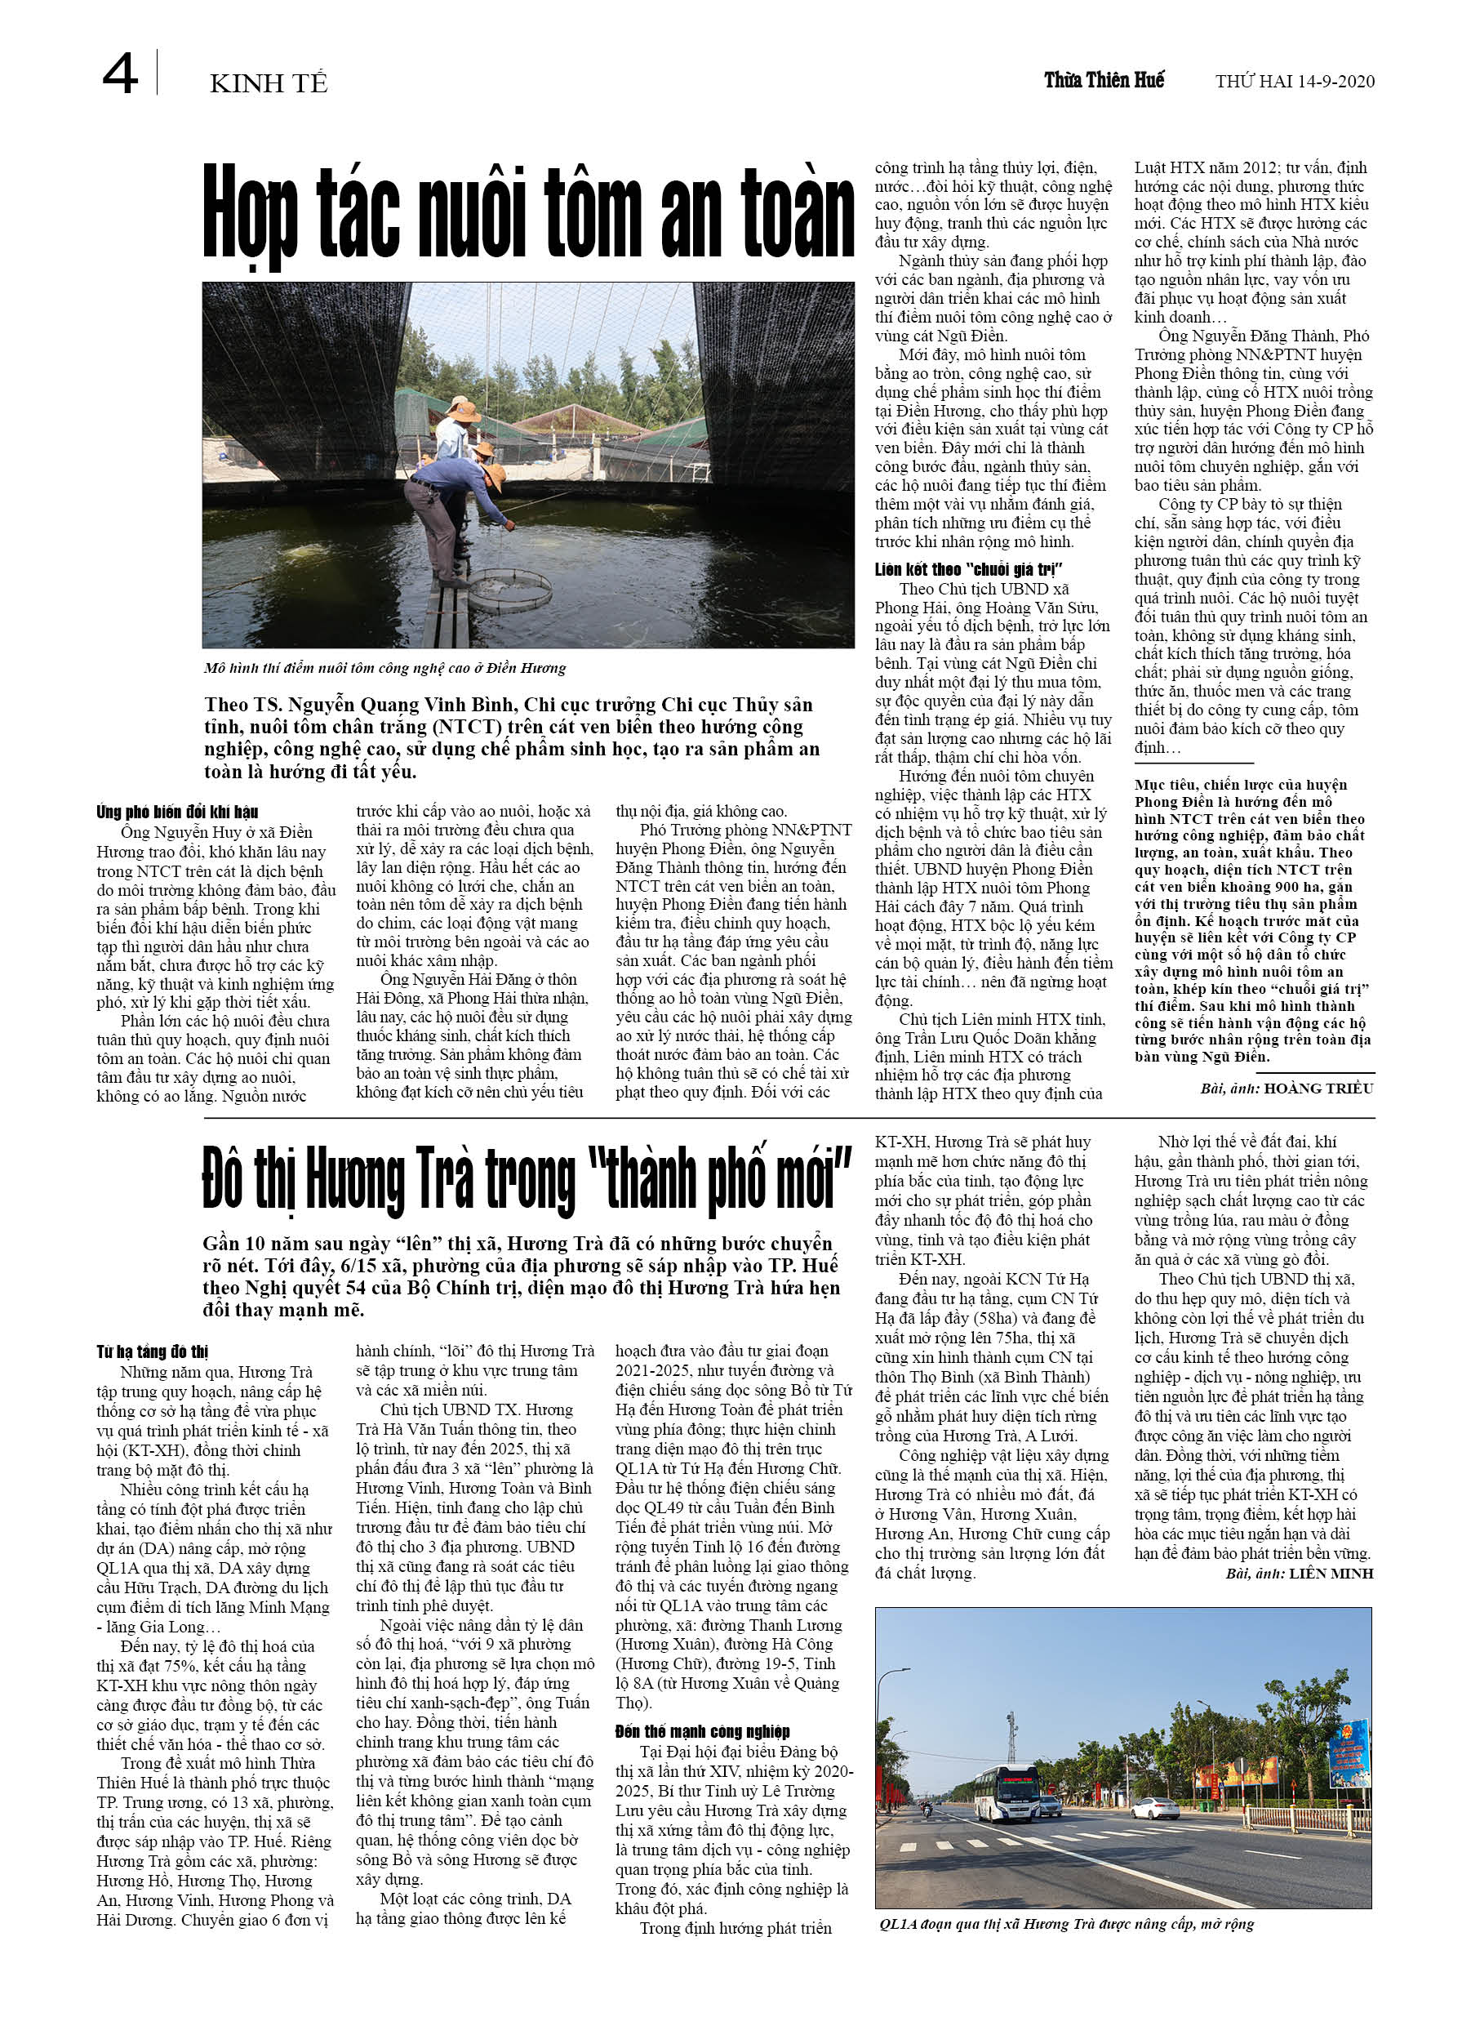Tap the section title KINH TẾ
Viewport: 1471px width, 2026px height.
pos(268,84)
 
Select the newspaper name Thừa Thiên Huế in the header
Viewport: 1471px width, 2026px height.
pos(1103,80)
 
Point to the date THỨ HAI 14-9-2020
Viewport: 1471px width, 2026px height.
pos(1294,82)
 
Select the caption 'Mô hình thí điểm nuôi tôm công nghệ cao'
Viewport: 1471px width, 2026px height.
pos(384,668)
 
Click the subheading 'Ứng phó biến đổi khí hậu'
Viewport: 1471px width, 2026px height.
pos(177,811)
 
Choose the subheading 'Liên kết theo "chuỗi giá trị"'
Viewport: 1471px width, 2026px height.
pos(968,569)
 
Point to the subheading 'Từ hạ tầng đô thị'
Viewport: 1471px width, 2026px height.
pos(152,1351)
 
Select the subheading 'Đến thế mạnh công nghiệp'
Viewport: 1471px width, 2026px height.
pos(702,1731)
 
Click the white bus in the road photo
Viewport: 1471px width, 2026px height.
pos(1007,1792)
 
